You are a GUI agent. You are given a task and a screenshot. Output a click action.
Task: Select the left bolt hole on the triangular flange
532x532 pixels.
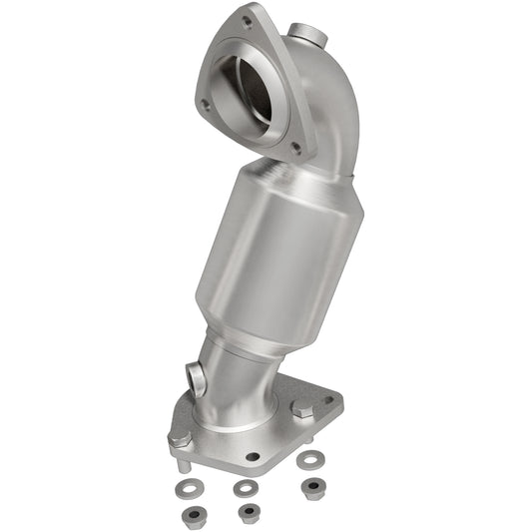point(205,101)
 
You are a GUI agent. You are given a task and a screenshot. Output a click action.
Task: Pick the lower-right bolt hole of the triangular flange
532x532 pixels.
point(294,147)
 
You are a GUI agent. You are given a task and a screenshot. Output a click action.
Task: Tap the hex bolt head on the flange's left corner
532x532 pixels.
point(180,437)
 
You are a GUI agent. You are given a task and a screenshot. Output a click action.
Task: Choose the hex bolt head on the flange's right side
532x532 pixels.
point(303,409)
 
